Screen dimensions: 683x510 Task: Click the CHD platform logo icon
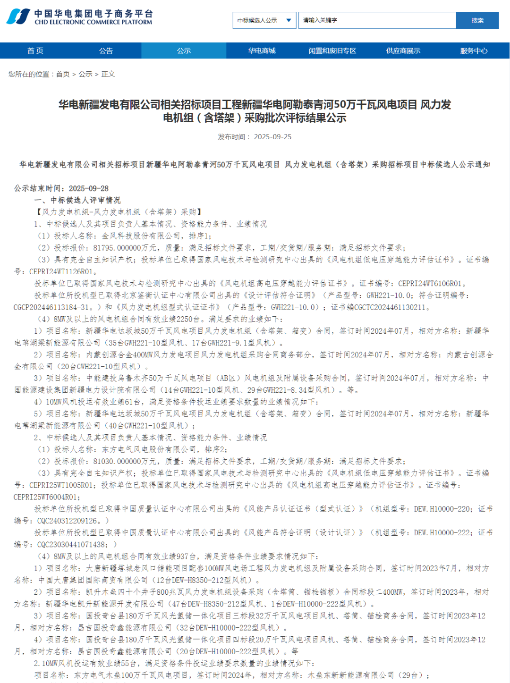18,17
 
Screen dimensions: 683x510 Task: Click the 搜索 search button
477,20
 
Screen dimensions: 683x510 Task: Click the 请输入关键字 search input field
377,20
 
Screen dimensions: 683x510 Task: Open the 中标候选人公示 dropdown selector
264,20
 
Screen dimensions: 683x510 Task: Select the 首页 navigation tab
35,51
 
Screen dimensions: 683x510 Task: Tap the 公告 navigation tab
106,51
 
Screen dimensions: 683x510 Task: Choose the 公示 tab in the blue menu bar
184,51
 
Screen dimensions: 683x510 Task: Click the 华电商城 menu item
262,51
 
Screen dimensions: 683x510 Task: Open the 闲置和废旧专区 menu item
332,51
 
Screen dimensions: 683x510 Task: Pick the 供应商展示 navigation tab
403,51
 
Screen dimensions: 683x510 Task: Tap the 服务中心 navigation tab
474,51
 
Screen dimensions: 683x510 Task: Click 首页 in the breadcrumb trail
63,74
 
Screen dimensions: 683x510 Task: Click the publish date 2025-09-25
272,137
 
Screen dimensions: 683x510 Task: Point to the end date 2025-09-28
89,188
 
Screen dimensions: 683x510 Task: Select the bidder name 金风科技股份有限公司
141,236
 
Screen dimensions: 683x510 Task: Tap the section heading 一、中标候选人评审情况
77,200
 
